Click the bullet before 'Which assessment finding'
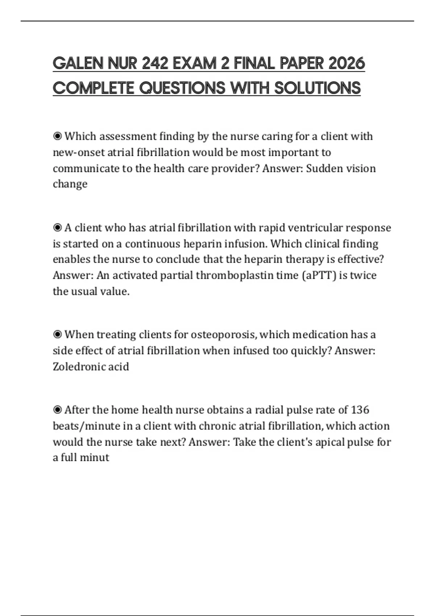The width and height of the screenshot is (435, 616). click(x=57, y=137)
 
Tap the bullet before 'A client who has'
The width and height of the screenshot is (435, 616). click(x=57, y=228)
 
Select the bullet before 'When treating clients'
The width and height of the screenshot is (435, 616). click(x=57, y=334)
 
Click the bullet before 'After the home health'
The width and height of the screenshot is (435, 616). click(x=57, y=410)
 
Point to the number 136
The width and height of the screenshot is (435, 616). click(x=360, y=410)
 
